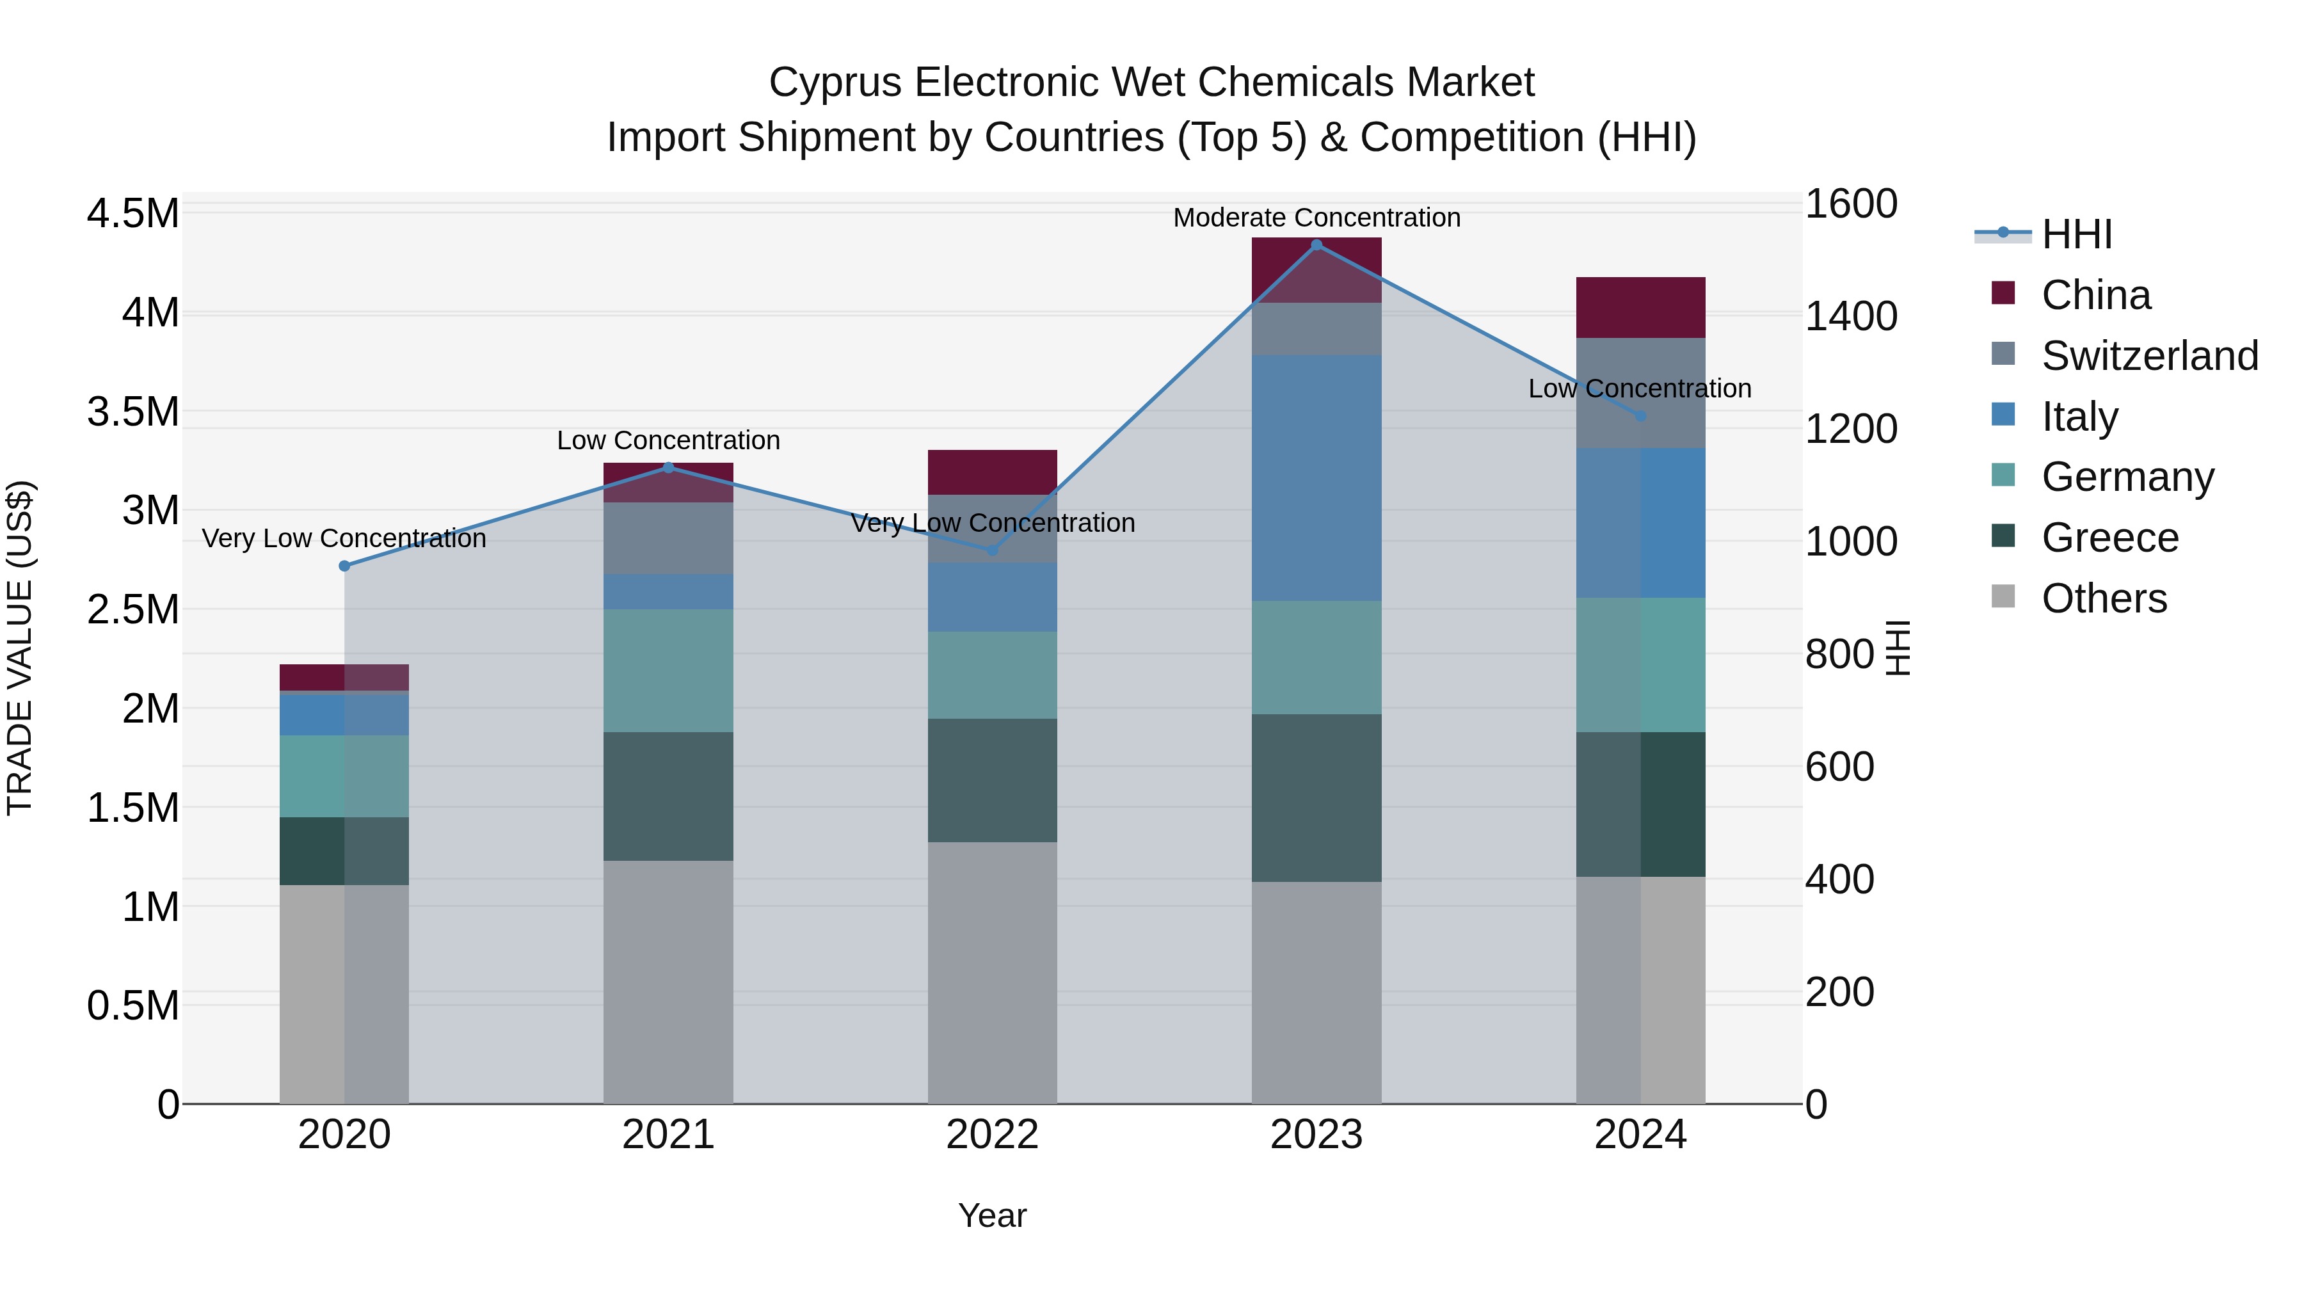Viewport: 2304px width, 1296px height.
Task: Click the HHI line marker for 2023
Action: coord(1316,245)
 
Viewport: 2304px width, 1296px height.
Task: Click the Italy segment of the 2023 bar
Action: coord(1316,477)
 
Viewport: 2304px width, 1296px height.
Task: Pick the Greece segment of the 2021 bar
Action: coord(668,796)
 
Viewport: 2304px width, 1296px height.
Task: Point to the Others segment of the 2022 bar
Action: coord(992,972)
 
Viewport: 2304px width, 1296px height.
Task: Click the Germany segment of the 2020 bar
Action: coord(344,776)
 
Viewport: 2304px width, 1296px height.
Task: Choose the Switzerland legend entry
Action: coord(2148,356)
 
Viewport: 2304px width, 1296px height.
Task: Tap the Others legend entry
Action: coord(2104,598)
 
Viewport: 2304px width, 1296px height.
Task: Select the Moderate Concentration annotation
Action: coord(1316,218)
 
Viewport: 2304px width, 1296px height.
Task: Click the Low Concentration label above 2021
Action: coord(668,440)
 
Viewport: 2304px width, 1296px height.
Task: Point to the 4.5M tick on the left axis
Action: coord(132,214)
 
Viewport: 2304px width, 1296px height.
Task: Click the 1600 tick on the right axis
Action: coord(1850,204)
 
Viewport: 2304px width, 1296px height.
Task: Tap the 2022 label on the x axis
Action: coord(992,1135)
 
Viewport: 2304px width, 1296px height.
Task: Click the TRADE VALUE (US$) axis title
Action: coord(20,648)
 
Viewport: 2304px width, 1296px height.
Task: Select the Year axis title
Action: coord(992,1215)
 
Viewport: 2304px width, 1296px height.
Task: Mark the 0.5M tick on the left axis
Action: coord(132,1006)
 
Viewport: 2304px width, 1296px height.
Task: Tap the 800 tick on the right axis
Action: coord(1839,654)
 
